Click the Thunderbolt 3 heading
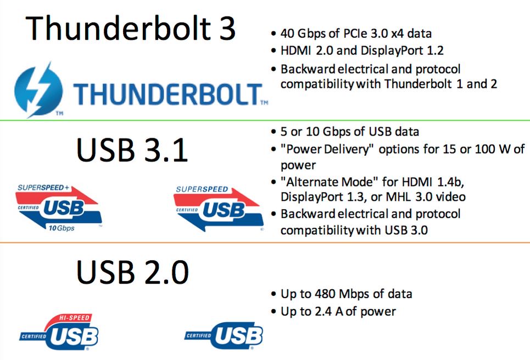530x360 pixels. click(130, 28)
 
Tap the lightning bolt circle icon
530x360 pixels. click(38, 90)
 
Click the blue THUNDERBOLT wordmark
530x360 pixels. click(168, 94)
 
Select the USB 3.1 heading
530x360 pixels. click(132, 150)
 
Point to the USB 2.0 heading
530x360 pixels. click(132, 272)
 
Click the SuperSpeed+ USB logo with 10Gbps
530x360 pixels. click(58, 207)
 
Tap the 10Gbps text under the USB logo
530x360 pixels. click(61, 228)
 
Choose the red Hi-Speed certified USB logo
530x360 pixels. click(58, 333)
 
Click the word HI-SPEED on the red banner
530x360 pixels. click(74, 318)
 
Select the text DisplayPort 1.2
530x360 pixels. click(402, 50)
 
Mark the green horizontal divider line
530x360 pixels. click(265, 120)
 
